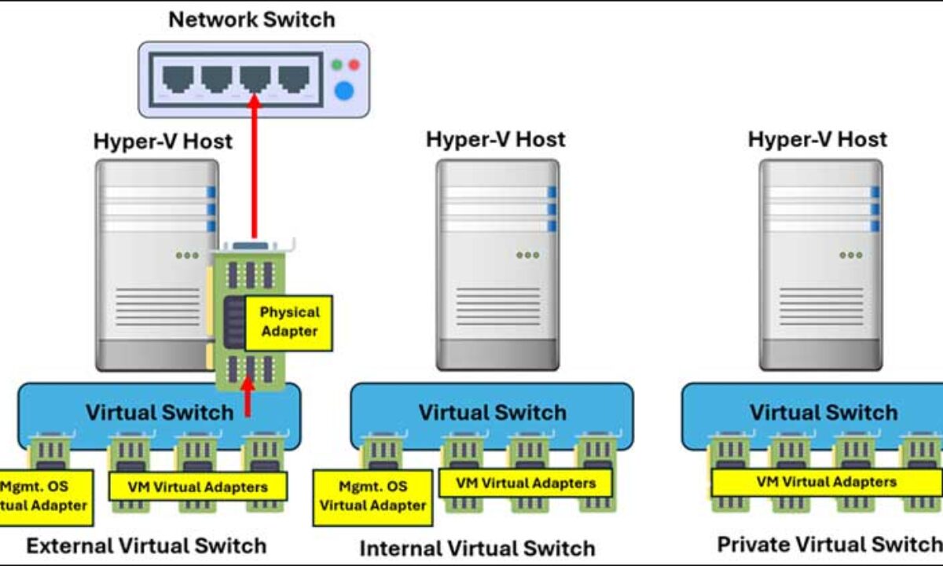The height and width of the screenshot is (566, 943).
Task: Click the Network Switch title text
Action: coord(251,20)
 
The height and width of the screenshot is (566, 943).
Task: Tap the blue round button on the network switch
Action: coord(343,91)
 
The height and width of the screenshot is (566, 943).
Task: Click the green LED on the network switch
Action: coord(337,65)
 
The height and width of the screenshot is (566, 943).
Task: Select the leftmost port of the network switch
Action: coord(179,79)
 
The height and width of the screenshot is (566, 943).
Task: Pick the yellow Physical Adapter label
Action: coord(289,322)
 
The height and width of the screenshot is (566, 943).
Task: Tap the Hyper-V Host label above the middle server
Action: coord(495,140)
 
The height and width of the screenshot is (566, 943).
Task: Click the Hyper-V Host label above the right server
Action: coord(817,140)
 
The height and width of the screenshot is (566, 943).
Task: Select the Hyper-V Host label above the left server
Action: coord(163,141)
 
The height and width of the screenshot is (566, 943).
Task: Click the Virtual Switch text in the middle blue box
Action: coord(492,413)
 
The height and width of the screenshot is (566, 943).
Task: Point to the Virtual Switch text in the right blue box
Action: coord(823,413)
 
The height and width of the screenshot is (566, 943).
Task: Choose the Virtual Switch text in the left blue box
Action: coord(160,413)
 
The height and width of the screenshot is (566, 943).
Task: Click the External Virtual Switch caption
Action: coord(146,546)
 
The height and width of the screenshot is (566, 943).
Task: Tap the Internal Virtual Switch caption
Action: coord(477,548)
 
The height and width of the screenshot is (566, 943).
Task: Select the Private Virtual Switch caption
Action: coord(829,544)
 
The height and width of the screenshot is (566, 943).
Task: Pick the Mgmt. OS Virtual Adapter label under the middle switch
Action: coord(372,497)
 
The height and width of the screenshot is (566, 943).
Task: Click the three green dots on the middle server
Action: coord(527,255)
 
